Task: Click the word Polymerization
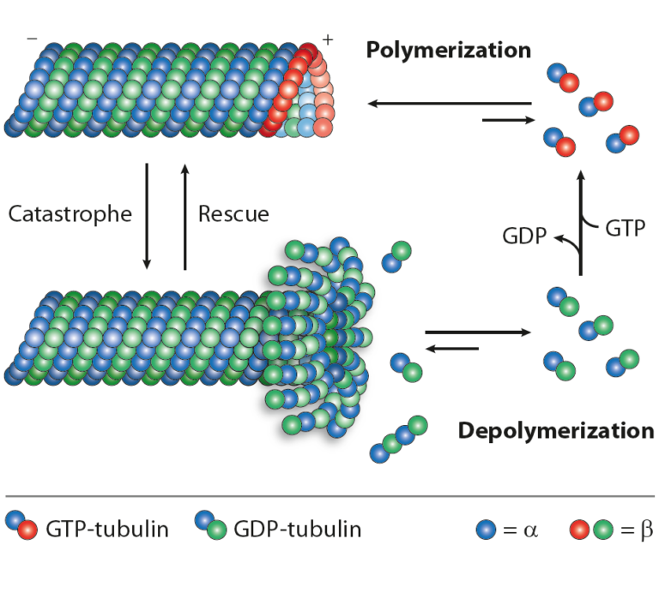(448, 50)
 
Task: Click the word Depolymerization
(556, 430)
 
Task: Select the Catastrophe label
(70, 213)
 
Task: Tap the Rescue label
(233, 213)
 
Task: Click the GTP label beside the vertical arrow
(625, 229)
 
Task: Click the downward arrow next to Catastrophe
(147, 214)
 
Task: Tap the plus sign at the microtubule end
(327, 39)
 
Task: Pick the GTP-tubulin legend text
(108, 529)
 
